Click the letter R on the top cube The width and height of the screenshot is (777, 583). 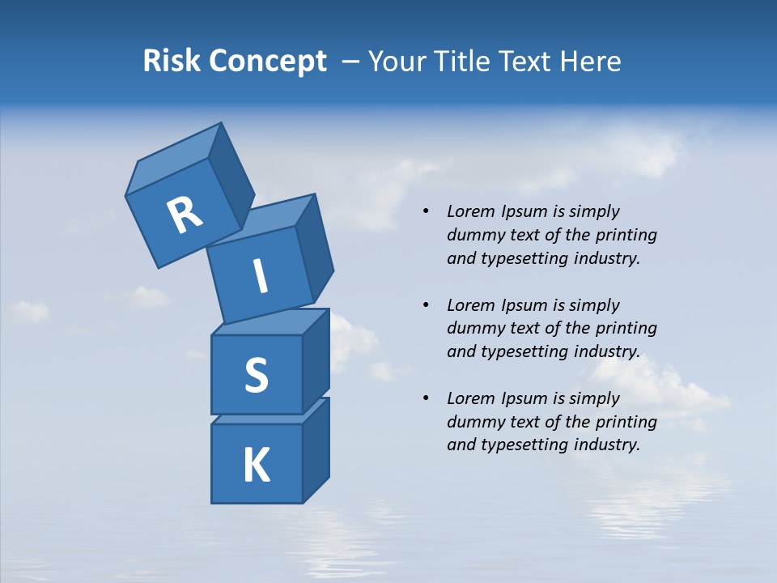185,215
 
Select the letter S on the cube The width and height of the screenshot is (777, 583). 256,376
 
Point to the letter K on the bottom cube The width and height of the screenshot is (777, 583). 256,466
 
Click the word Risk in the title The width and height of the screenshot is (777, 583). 172,62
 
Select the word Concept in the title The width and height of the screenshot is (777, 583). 267,62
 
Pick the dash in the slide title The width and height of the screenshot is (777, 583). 350,62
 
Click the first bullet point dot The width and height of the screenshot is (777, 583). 425,212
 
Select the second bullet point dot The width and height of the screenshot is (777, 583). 425,305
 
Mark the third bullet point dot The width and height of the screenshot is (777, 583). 425,398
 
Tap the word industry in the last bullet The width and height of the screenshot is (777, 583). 607,445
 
